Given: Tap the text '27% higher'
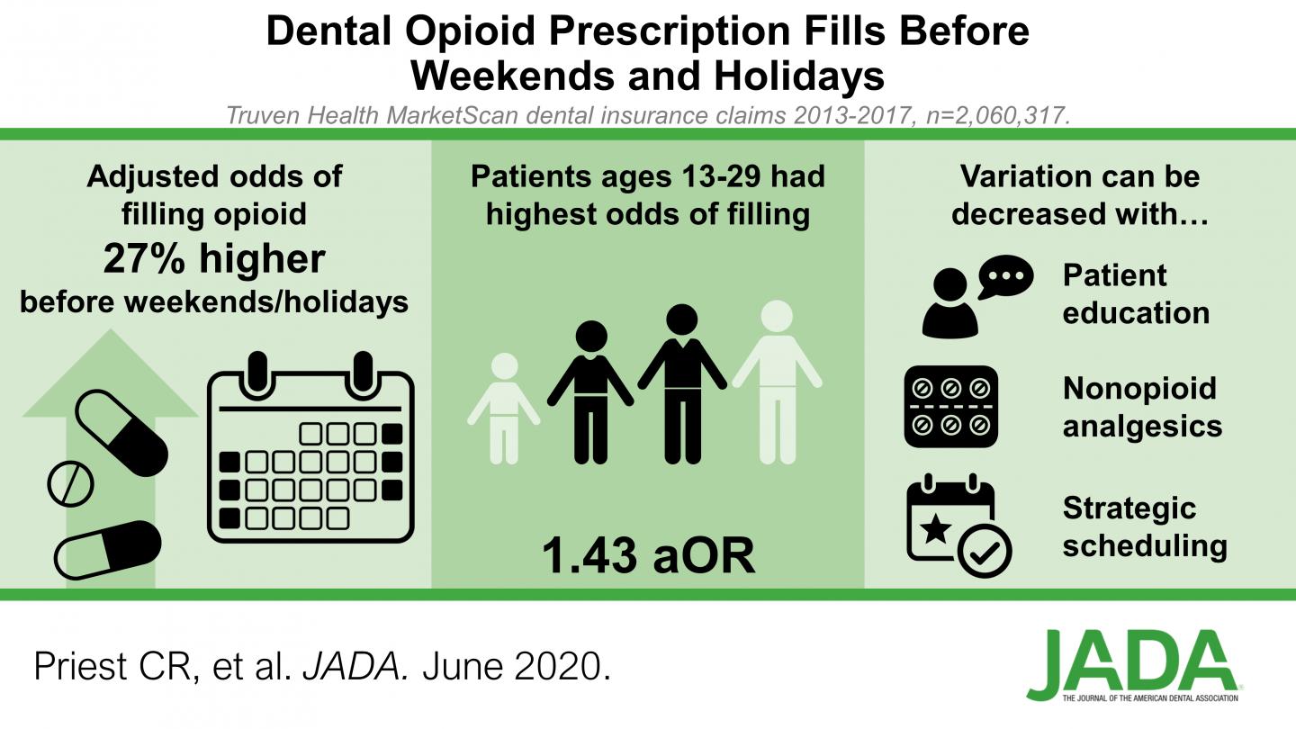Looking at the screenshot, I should pyautogui.click(x=213, y=258).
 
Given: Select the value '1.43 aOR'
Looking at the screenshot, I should pyautogui.click(x=648, y=556).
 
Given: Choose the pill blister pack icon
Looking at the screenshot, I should pyautogui.click(x=951, y=407).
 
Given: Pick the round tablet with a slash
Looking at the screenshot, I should pyautogui.click(x=69, y=484).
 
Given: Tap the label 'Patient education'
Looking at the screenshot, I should pyautogui.click(x=1136, y=293).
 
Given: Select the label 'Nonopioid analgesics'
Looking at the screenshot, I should pyautogui.click(x=1139, y=407).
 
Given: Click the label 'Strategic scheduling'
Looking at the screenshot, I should pyautogui.click(x=1144, y=526).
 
